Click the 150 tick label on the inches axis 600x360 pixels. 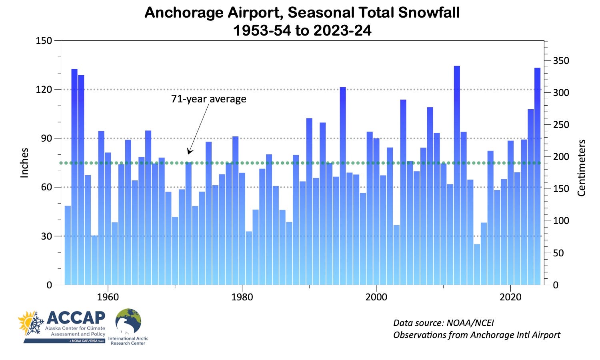click(x=44, y=41)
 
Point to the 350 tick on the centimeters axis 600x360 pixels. click(x=561, y=61)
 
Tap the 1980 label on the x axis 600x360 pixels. click(x=242, y=297)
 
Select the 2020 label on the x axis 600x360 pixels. click(x=510, y=297)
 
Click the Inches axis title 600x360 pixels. click(x=25, y=163)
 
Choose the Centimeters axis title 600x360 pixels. click(x=581, y=168)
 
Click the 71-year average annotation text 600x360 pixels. click(x=208, y=99)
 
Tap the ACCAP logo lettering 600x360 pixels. click(x=76, y=318)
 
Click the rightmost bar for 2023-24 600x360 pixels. click(x=537, y=176)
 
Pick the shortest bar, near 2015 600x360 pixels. click(x=477, y=264)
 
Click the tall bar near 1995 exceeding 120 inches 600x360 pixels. click(x=343, y=186)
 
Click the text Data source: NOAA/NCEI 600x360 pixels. click(x=444, y=323)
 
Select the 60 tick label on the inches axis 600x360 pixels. click(x=44, y=187)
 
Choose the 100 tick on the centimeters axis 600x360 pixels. click(x=561, y=221)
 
